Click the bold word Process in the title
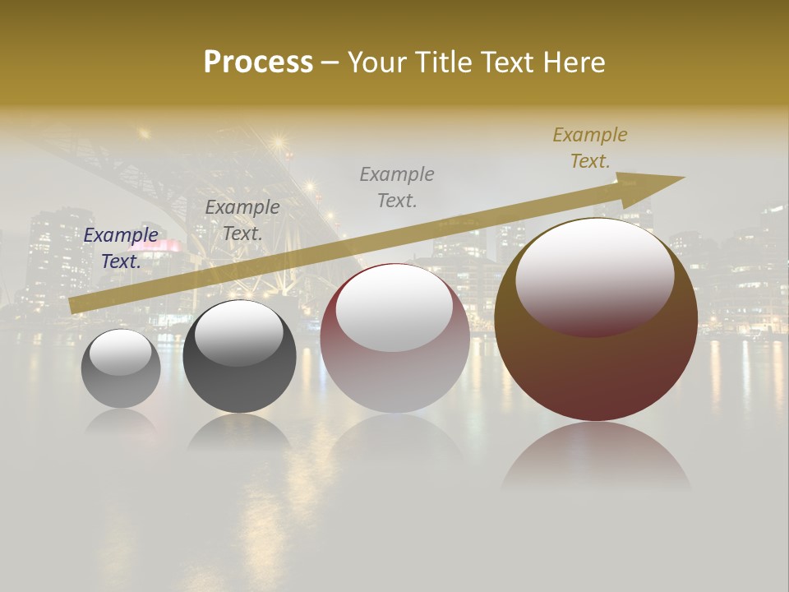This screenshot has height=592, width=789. (258, 62)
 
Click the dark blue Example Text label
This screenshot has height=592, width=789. (121, 248)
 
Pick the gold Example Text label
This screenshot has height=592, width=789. (590, 148)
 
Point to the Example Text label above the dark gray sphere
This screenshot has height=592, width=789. (242, 220)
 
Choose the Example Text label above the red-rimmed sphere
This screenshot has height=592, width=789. (397, 187)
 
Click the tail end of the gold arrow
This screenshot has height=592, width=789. (76, 304)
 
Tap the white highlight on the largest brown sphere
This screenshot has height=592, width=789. (594, 275)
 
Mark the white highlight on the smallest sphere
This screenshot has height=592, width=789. (120, 352)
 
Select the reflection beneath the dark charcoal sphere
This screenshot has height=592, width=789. (238, 432)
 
